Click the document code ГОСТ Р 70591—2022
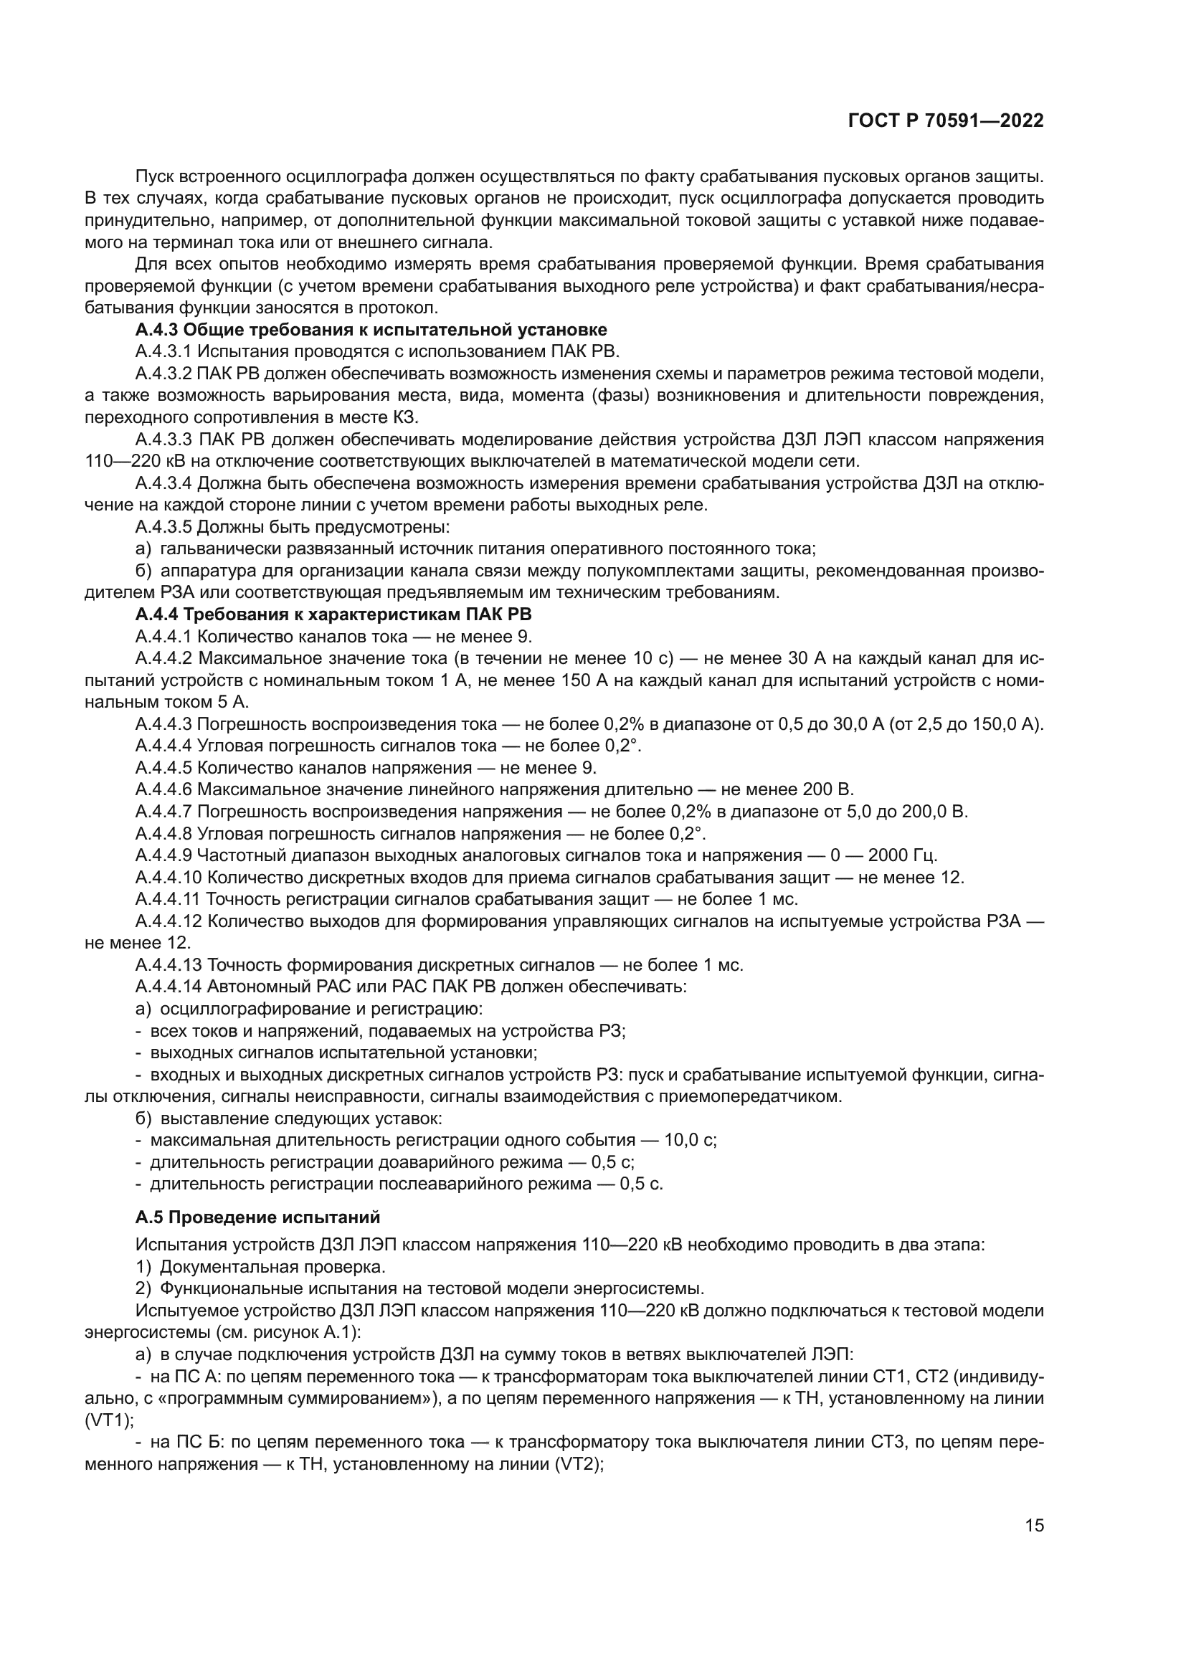click(x=946, y=121)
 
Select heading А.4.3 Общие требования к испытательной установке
click(x=371, y=330)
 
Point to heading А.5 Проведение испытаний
click(x=258, y=1217)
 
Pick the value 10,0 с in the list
click(x=690, y=1140)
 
